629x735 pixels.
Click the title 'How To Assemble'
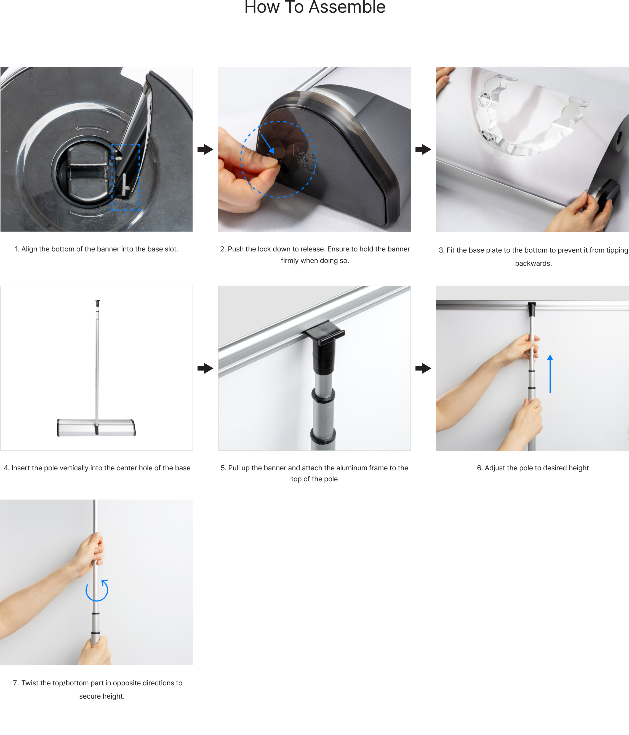tap(315, 7)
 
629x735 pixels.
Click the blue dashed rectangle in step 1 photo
tap(112, 177)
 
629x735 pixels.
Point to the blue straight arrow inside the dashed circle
tap(267, 144)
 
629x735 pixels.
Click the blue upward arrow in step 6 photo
tap(550, 374)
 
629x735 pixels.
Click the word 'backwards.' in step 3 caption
tap(533, 263)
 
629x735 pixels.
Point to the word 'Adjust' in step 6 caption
tap(495, 468)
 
